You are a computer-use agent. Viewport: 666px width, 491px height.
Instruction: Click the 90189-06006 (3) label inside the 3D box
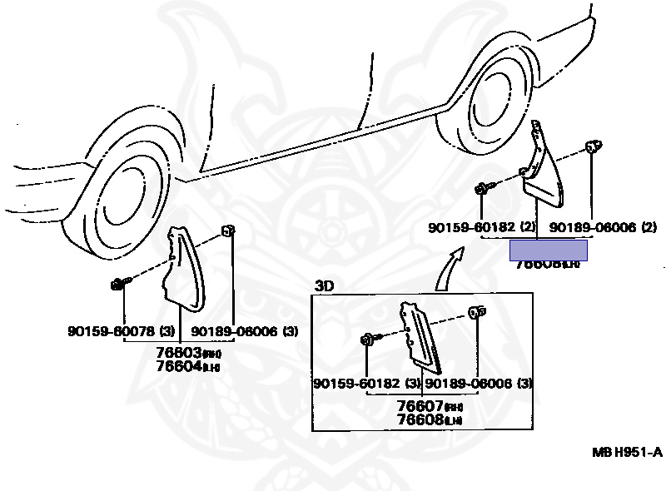coord(479,383)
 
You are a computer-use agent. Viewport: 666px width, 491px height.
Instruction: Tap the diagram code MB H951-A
coord(627,452)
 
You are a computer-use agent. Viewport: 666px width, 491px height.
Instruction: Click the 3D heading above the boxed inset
coord(324,286)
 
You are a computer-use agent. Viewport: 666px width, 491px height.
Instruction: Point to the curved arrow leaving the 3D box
coord(449,270)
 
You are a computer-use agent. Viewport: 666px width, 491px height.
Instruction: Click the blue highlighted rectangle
coord(549,250)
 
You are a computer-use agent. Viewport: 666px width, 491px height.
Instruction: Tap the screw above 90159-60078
coord(118,285)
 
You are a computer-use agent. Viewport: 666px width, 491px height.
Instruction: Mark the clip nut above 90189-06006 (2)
coord(592,148)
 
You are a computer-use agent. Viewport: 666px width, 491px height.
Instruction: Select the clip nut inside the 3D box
coord(478,313)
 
